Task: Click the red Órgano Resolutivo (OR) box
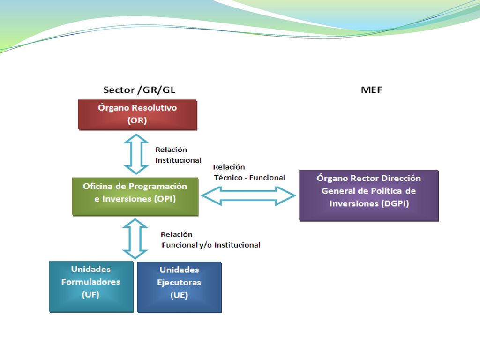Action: click(x=137, y=115)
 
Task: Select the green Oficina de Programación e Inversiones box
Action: click(x=135, y=196)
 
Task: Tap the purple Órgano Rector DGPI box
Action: click(x=369, y=195)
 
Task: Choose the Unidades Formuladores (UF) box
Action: click(x=91, y=286)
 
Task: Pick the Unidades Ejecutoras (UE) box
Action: click(x=180, y=287)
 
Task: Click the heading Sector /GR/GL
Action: click(x=139, y=90)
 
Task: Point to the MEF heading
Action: click(x=372, y=90)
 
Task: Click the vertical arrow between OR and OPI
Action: click(x=136, y=154)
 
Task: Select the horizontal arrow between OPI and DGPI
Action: click(x=248, y=196)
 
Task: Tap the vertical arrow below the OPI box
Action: click(x=135, y=239)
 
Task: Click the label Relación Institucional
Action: click(x=178, y=155)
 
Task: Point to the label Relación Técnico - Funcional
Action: click(x=249, y=172)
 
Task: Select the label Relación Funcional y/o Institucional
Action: click(x=210, y=240)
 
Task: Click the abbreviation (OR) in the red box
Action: click(x=137, y=120)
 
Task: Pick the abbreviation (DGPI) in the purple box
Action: click(x=395, y=203)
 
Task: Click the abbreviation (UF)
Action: click(x=90, y=294)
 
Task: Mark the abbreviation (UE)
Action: click(x=179, y=295)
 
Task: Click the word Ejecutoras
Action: click(x=179, y=283)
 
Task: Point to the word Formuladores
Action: click(x=90, y=282)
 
